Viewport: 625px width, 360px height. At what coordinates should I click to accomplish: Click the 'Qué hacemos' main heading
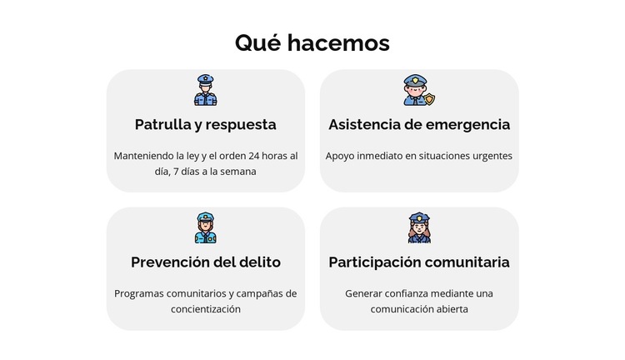[x=312, y=42]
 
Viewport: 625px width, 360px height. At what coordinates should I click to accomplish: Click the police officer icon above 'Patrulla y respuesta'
[x=205, y=90]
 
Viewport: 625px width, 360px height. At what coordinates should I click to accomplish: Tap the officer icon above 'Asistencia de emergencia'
[x=416, y=90]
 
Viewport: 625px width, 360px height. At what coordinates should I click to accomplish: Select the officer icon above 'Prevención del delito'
[x=205, y=227]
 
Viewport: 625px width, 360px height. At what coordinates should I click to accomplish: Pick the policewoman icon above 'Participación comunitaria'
[x=419, y=227]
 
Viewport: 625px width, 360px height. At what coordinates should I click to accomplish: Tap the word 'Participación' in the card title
[x=375, y=262]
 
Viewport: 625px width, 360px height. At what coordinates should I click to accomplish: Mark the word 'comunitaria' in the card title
[x=467, y=262]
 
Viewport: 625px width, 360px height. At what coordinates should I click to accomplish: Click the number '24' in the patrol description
[x=255, y=156]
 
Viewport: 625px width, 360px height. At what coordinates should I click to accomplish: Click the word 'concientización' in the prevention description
[x=206, y=309]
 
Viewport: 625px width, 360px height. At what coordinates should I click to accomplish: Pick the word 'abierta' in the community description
[x=451, y=309]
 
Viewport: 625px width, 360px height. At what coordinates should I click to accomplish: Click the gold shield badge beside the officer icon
[x=430, y=99]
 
